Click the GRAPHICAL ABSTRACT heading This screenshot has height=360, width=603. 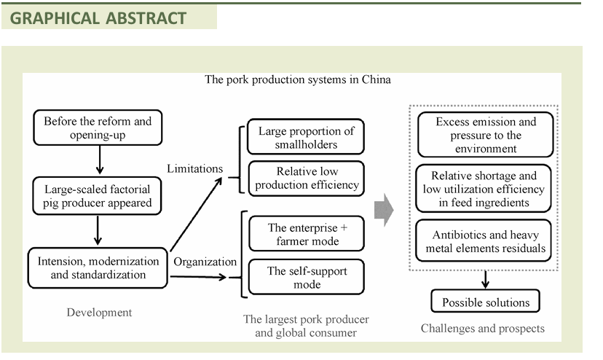pyautogui.click(x=99, y=17)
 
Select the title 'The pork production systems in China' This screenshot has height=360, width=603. pyautogui.click(x=297, y=79)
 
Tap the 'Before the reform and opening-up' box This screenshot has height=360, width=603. pyautogui.click(x=98, y=128)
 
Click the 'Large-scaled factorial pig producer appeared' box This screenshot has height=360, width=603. pyautogui.click(x=98, y=196)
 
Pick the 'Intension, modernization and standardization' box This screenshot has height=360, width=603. pyautogui.click(x=98, y=267)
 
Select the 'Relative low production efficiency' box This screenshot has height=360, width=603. pyautogui.click(x=306, y=178)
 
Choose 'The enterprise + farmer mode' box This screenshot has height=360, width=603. pyautogui.click(x=306, y=234)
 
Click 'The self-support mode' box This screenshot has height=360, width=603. pyautogui.click(x=306, y=278)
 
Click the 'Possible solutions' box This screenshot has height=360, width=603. pyautogui.click(x=486, y=302)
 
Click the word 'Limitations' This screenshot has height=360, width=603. pyautogui.click(x=195, y=168)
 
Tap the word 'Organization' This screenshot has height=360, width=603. pyautogui.click(x=205, y=262)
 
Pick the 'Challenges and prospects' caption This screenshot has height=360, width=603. pyautogui.click(x=482, y=328)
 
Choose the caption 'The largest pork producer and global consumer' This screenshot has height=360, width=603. pyautogui.click(x=306, y=326)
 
